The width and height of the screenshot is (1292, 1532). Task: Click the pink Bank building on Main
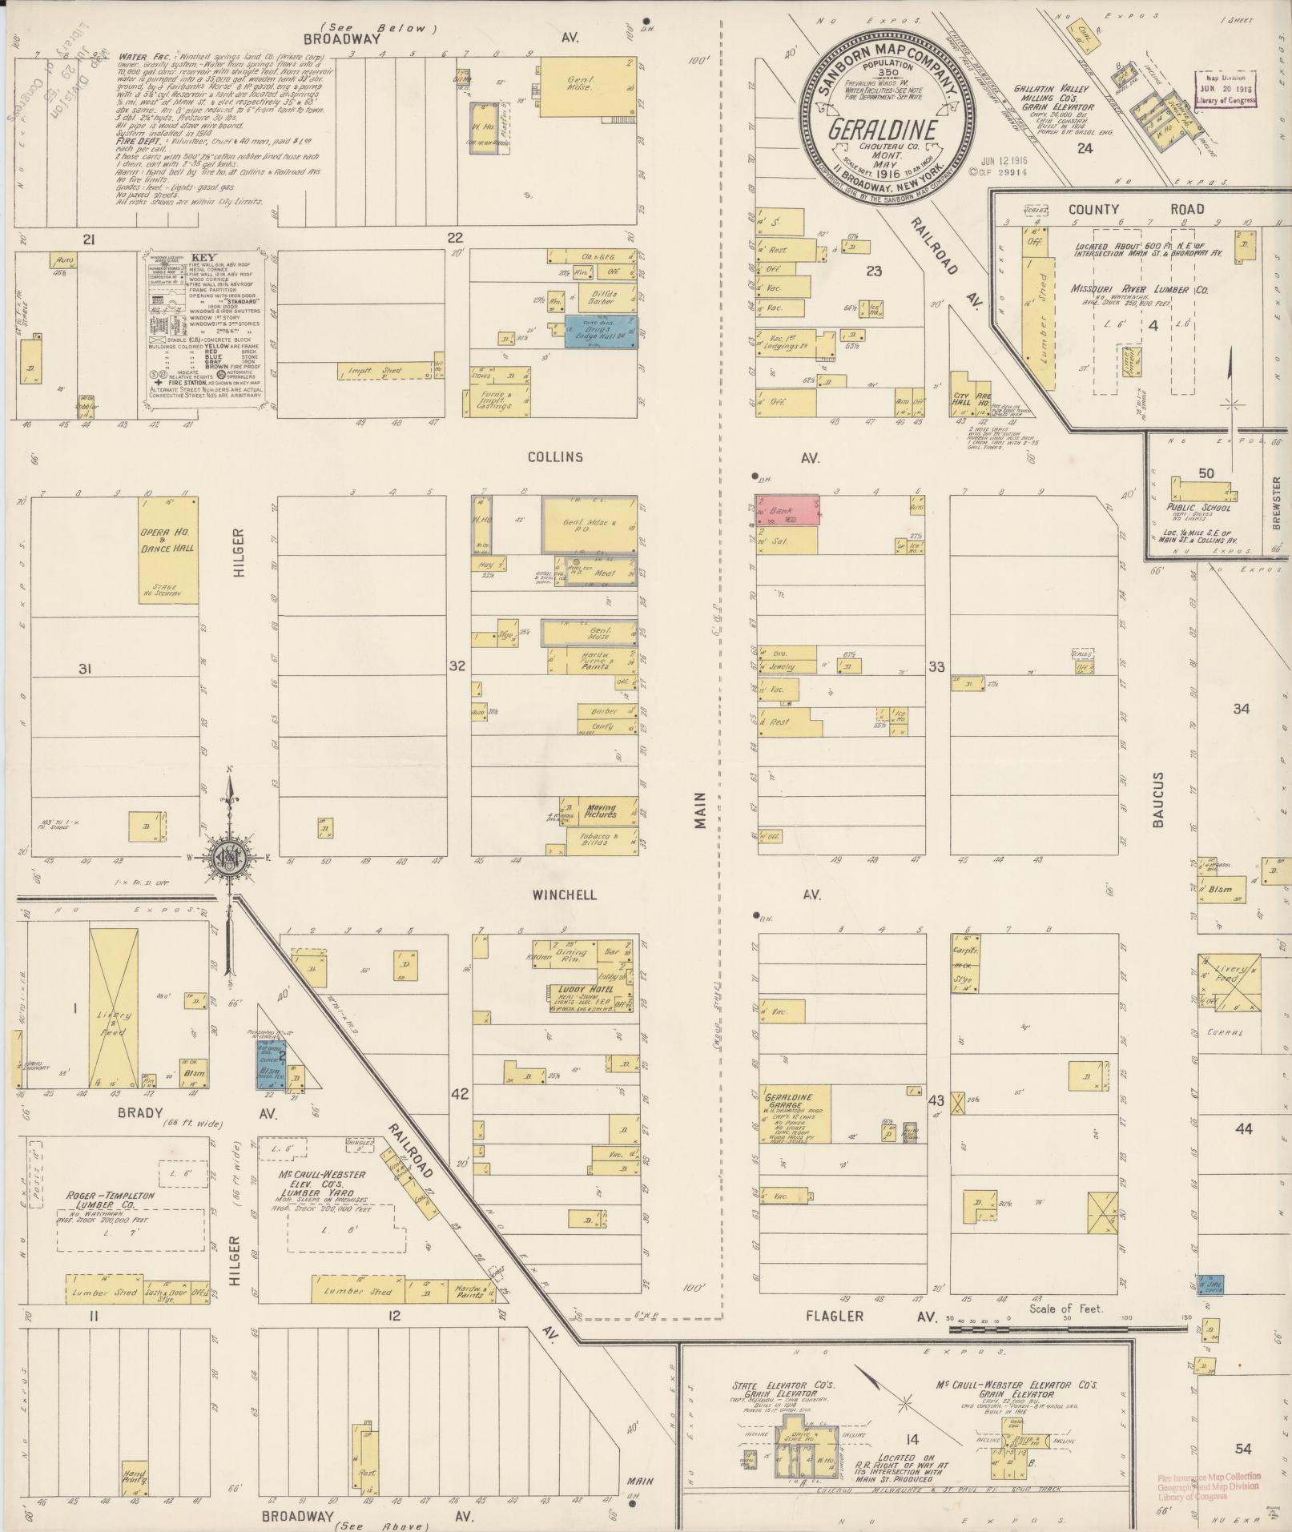789,509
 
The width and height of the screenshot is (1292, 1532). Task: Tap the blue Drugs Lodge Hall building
601,331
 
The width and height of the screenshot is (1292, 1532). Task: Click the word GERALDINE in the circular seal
883,130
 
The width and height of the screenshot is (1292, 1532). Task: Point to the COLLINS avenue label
555,457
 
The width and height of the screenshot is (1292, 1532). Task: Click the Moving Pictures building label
602,811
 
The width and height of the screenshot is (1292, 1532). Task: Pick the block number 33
936,666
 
